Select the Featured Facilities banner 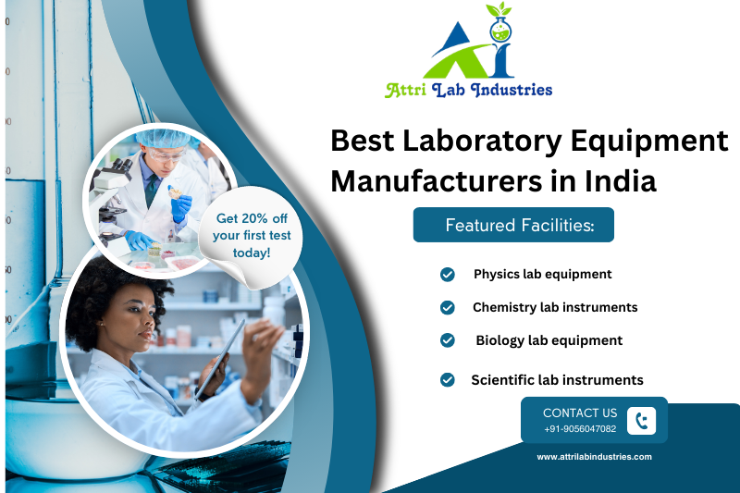coord(513,225)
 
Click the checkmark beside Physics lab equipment coord(448,274)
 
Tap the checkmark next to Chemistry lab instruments coord(448,307)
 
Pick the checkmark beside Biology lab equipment coord(448,340)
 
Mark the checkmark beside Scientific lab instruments coord(448,379)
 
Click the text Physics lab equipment coord(542,274)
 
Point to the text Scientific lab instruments coord(557,379)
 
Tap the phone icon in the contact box coord(641,421)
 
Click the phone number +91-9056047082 coord(580,429)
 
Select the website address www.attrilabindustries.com coord(595,457)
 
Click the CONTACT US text coord(580,413)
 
